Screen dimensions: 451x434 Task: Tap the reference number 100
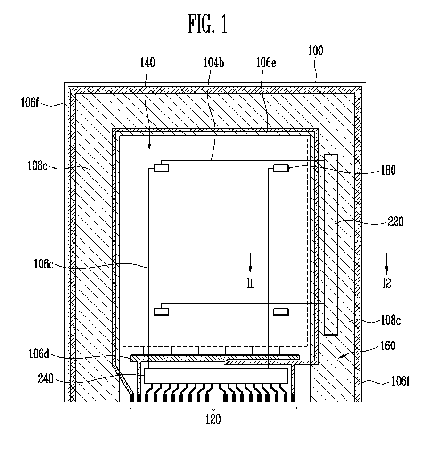[315, 51]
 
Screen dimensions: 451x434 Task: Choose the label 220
[395, 221]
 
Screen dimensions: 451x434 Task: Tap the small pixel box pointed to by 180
[281, 168]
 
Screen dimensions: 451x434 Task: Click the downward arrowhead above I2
[387, 268]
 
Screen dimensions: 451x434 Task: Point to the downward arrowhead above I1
[250, 268]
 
